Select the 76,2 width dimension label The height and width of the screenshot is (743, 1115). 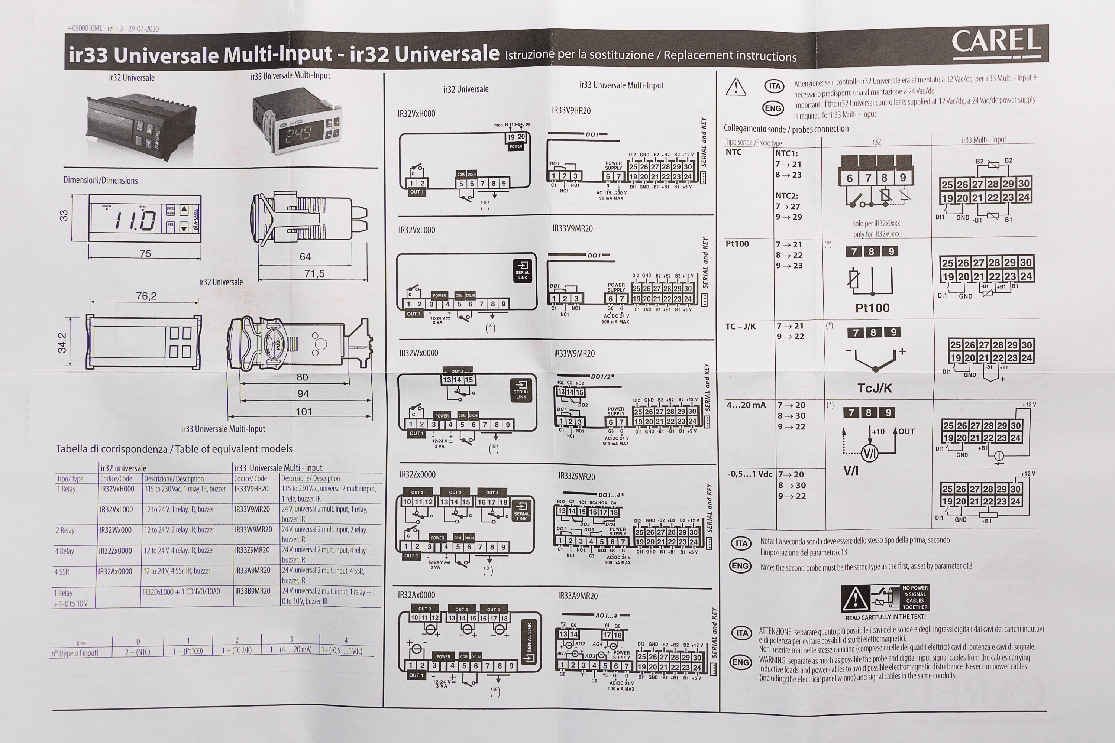click(x=146, y=296)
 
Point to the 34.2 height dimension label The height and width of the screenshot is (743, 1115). click(x=62, y=343)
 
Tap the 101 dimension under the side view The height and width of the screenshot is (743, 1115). click(x=304, y=412)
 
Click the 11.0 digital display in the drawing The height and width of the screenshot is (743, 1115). click(x=136, y=220)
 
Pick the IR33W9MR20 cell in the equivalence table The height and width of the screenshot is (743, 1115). click(x=253, y=530)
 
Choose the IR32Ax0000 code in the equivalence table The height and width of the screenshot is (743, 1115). click(x=115, y=571)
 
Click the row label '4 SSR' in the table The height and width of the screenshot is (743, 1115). click(x=62, y=572)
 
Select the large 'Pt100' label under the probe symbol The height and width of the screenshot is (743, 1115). click(x=872, y=308)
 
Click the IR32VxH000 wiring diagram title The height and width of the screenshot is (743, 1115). click(x=416, y=114)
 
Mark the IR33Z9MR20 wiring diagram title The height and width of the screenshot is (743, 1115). click(x=577, y=476)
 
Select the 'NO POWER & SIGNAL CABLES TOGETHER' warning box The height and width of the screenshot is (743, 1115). click(x=885, y=598)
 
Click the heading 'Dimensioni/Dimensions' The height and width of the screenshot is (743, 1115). click(x=100, y=181)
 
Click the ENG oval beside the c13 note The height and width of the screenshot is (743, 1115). click(x=740, y=566)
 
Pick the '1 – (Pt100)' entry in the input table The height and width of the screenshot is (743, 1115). click(x=188, y=651)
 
